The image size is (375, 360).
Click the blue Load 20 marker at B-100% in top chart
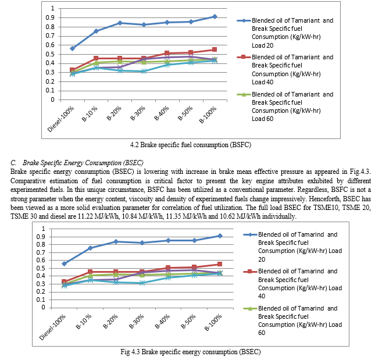coord(215,16)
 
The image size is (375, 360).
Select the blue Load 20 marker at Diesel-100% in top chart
coord(73,48)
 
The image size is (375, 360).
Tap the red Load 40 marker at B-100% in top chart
coord(215,49)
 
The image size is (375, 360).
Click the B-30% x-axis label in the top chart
coord(138,113)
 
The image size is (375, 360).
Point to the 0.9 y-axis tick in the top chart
coord(50,17)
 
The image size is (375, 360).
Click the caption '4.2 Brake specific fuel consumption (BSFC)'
coord(191,145)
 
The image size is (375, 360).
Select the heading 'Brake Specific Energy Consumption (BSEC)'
coord(83,163)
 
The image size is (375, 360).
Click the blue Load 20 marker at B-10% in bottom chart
coord(90,248)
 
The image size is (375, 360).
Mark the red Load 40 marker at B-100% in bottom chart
coord(220,264)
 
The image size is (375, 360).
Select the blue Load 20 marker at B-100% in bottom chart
coord(220,236)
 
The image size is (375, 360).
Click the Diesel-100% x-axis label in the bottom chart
coord(52,327)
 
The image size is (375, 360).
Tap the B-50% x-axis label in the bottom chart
coord(188,321)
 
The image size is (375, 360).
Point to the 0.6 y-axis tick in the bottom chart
coord(42,260)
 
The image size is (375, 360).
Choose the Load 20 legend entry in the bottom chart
coord(292,247)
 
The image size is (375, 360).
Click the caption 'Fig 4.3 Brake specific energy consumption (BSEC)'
coord(191,352)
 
